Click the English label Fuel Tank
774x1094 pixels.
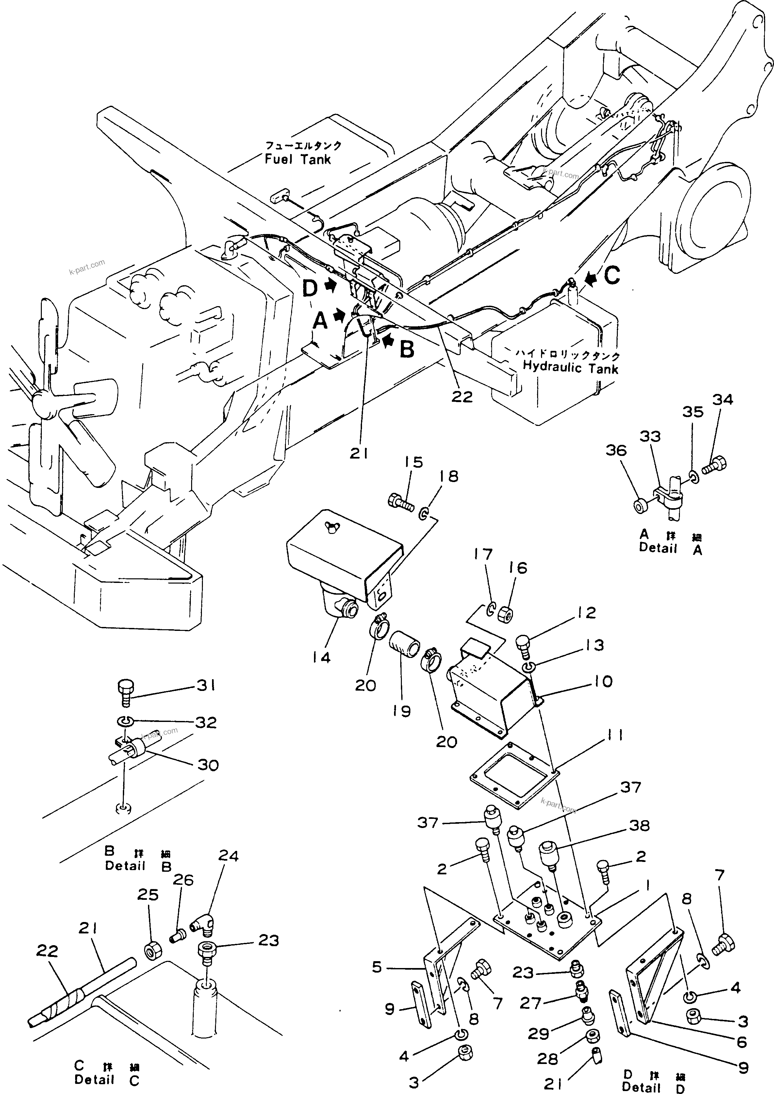pyautogui.click(x=298, y=159)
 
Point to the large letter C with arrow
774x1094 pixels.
pyautogui.click(x=611, y=275)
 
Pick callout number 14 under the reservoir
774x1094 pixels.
pyautogui.click(x=322, y=658)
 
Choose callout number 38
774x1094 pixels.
pyautogui.click(x=639, y=825)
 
